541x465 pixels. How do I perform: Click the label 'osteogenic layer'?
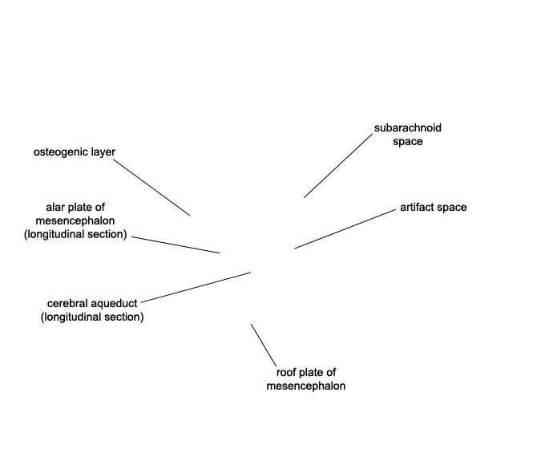(x=75, y=152)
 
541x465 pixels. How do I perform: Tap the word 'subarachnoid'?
(x=407, y=127)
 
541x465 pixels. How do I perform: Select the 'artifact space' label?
(x=434, y=207)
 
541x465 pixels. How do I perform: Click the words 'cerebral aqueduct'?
(x=92, y=303)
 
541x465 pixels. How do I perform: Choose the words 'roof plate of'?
(x=306, y=373)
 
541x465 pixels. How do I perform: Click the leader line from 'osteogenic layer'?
(x=151, y=188)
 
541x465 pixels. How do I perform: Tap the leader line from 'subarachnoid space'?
(x=338, y=166)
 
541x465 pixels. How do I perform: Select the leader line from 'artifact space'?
(x=345, y=228)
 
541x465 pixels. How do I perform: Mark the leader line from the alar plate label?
(x=176, y=245)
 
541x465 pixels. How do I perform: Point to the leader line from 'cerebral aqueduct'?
(x=196, y=287)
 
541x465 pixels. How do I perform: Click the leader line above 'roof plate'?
(x=264, y=346)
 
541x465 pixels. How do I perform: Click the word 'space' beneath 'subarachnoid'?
(x=407, y=142)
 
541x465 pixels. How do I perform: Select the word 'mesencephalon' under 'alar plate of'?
(x=75, y=220)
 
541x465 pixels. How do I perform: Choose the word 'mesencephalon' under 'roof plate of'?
(x=306, y=386)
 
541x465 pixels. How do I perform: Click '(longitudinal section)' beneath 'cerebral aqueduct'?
(x=92, y=317)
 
